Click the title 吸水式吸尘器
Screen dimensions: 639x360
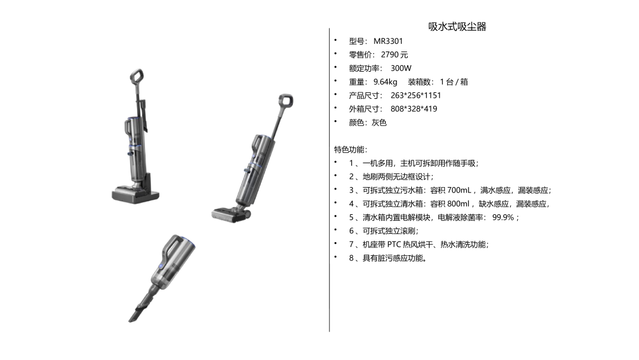pyautogui.click(x=457, y=27)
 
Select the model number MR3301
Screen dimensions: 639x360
pyautogui.click(x=388, y=41)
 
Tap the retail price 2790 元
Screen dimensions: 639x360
pyautogui.click(x=395, y=54)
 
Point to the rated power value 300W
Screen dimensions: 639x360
pyautogui.click(x=401, y=68)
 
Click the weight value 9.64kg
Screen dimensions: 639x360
pyautogui.click(x=385, y=82)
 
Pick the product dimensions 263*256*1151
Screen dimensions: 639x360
pyautogui.click(x=416, y=95)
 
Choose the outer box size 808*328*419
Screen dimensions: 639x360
pyautogui.click(x=414, y=109)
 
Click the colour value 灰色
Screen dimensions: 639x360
pyautogui.click(x=379, y=123)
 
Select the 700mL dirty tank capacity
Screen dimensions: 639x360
pyautogui.click(x=459, y=191)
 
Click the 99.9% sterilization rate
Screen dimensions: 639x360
pyautogui.click(x=503, y=217)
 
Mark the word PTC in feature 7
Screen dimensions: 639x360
pyautogui.click(x=394, y=245)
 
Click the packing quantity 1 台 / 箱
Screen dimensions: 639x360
pyautogui.click(x=454, y=82)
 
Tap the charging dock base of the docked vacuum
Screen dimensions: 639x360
pyautogui.click(x=135, y=194)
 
